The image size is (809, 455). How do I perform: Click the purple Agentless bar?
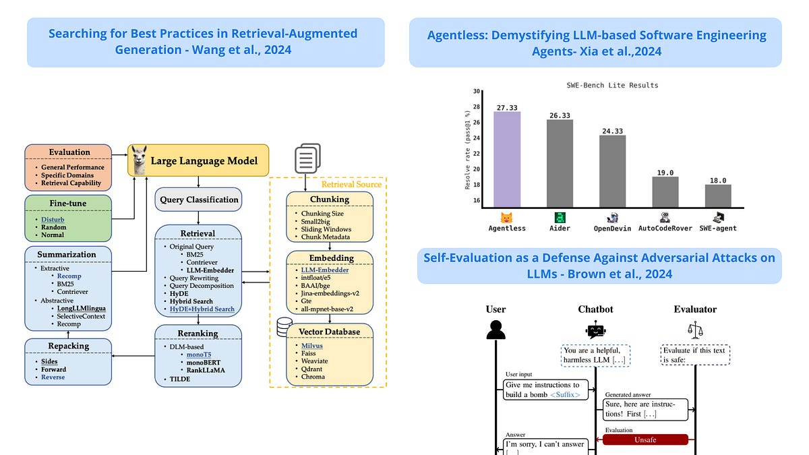pos(506,159)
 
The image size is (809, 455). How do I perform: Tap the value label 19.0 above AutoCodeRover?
pos(665,173)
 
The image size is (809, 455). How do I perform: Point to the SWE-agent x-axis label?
pos(717,228)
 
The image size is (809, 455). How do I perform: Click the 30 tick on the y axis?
pos(476,91)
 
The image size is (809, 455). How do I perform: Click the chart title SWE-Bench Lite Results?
pos(612,86)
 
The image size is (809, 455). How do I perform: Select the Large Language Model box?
pos(200,160)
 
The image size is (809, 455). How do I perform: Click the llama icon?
pos(140,160)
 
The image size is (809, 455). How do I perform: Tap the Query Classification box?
pos(198,200)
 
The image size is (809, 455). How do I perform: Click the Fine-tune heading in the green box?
pos(67,203)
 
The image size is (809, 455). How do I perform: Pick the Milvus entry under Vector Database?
pos(312,346)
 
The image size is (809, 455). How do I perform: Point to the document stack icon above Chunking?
pos(307,160)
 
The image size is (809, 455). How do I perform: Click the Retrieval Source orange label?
pos(351,183)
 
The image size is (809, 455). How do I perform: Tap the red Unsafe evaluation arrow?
pos(645,439)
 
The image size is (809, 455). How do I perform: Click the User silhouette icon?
pos(496,330)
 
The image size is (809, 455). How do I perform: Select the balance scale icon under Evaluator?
pos(694,329)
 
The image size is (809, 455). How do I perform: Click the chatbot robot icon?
pos(595,330)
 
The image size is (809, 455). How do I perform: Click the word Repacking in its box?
pos(67,346)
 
